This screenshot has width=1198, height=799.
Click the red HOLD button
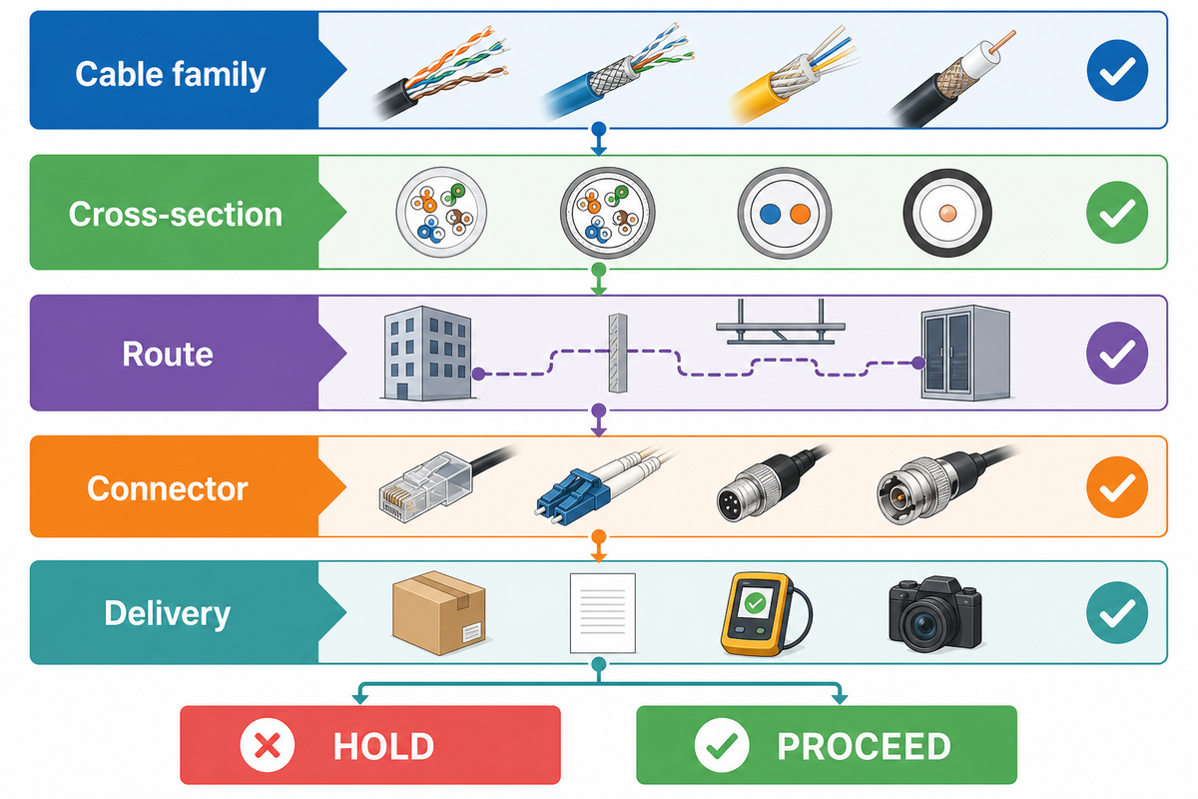click(x=370, y=744)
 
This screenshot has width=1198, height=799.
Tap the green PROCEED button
click(x=827, y=744)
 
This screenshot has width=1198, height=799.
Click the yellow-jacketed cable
click(x=792, y=78)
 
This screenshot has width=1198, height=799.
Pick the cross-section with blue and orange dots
click(x=784, y=213)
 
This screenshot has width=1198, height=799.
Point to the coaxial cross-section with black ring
click(x=947, y=213)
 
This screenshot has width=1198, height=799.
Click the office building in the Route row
click(x=428, y=354)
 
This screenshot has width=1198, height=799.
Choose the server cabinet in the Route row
click(x=966, y=354)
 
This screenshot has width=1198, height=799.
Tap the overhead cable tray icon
click(x=781, y=323)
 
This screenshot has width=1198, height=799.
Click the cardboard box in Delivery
click(x=438, y=613)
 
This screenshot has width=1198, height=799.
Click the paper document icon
click(x=603, y=613)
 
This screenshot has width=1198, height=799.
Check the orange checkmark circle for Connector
click(x=1117, y=487)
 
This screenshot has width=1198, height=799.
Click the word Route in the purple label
click(x=168, y=355)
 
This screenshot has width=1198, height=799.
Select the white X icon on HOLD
click(x=267, y=745)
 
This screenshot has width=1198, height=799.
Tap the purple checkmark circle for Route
click(x=1117, y=353)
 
